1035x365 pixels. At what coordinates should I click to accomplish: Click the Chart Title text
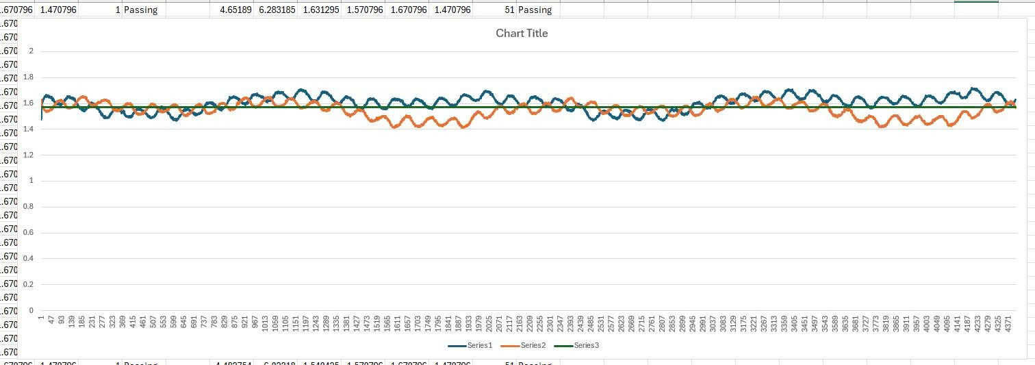coord(522,33)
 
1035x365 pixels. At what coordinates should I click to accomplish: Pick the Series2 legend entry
coord(533,345)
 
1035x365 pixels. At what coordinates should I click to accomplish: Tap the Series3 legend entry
coord(586,345)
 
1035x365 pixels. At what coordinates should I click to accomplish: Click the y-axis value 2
coord(31,51)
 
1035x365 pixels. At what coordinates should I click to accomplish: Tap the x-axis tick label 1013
coord(265,324)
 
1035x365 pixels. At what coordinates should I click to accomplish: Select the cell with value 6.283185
coord(274,10)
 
